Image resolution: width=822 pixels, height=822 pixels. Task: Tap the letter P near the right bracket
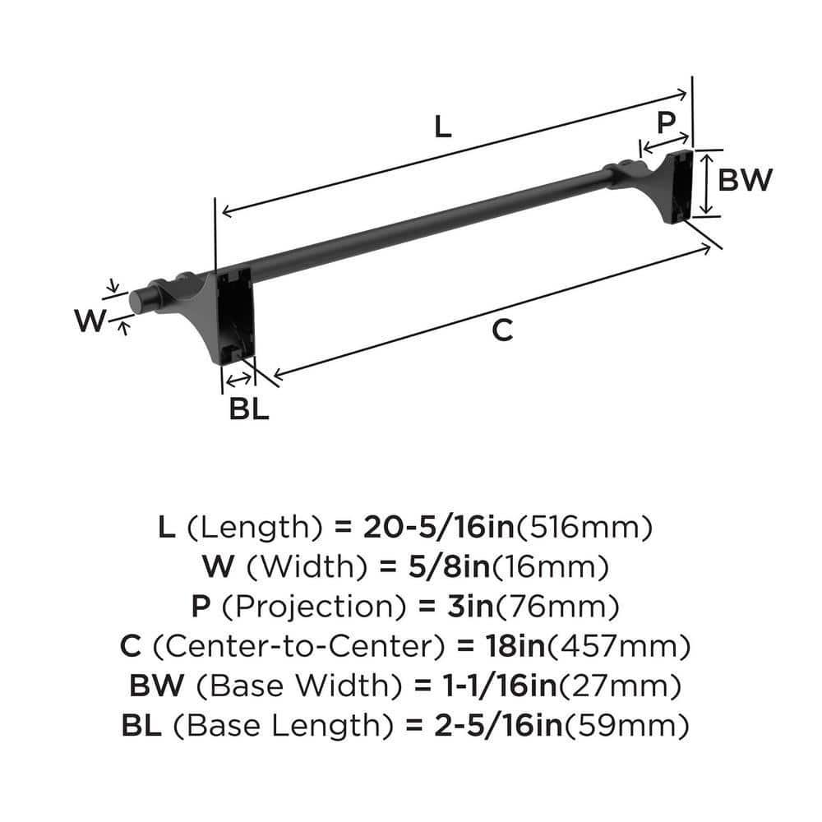[x=666, y=122]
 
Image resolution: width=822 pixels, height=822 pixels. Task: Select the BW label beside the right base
[x=745, y=179]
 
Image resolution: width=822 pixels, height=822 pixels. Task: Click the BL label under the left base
[x=248, y=409]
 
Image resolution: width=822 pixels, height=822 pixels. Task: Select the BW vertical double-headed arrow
[x=706, y=183]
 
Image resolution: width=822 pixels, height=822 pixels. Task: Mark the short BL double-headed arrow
[x=239, y=379]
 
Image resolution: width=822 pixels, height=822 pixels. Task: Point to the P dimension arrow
[x=664, y=145]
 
